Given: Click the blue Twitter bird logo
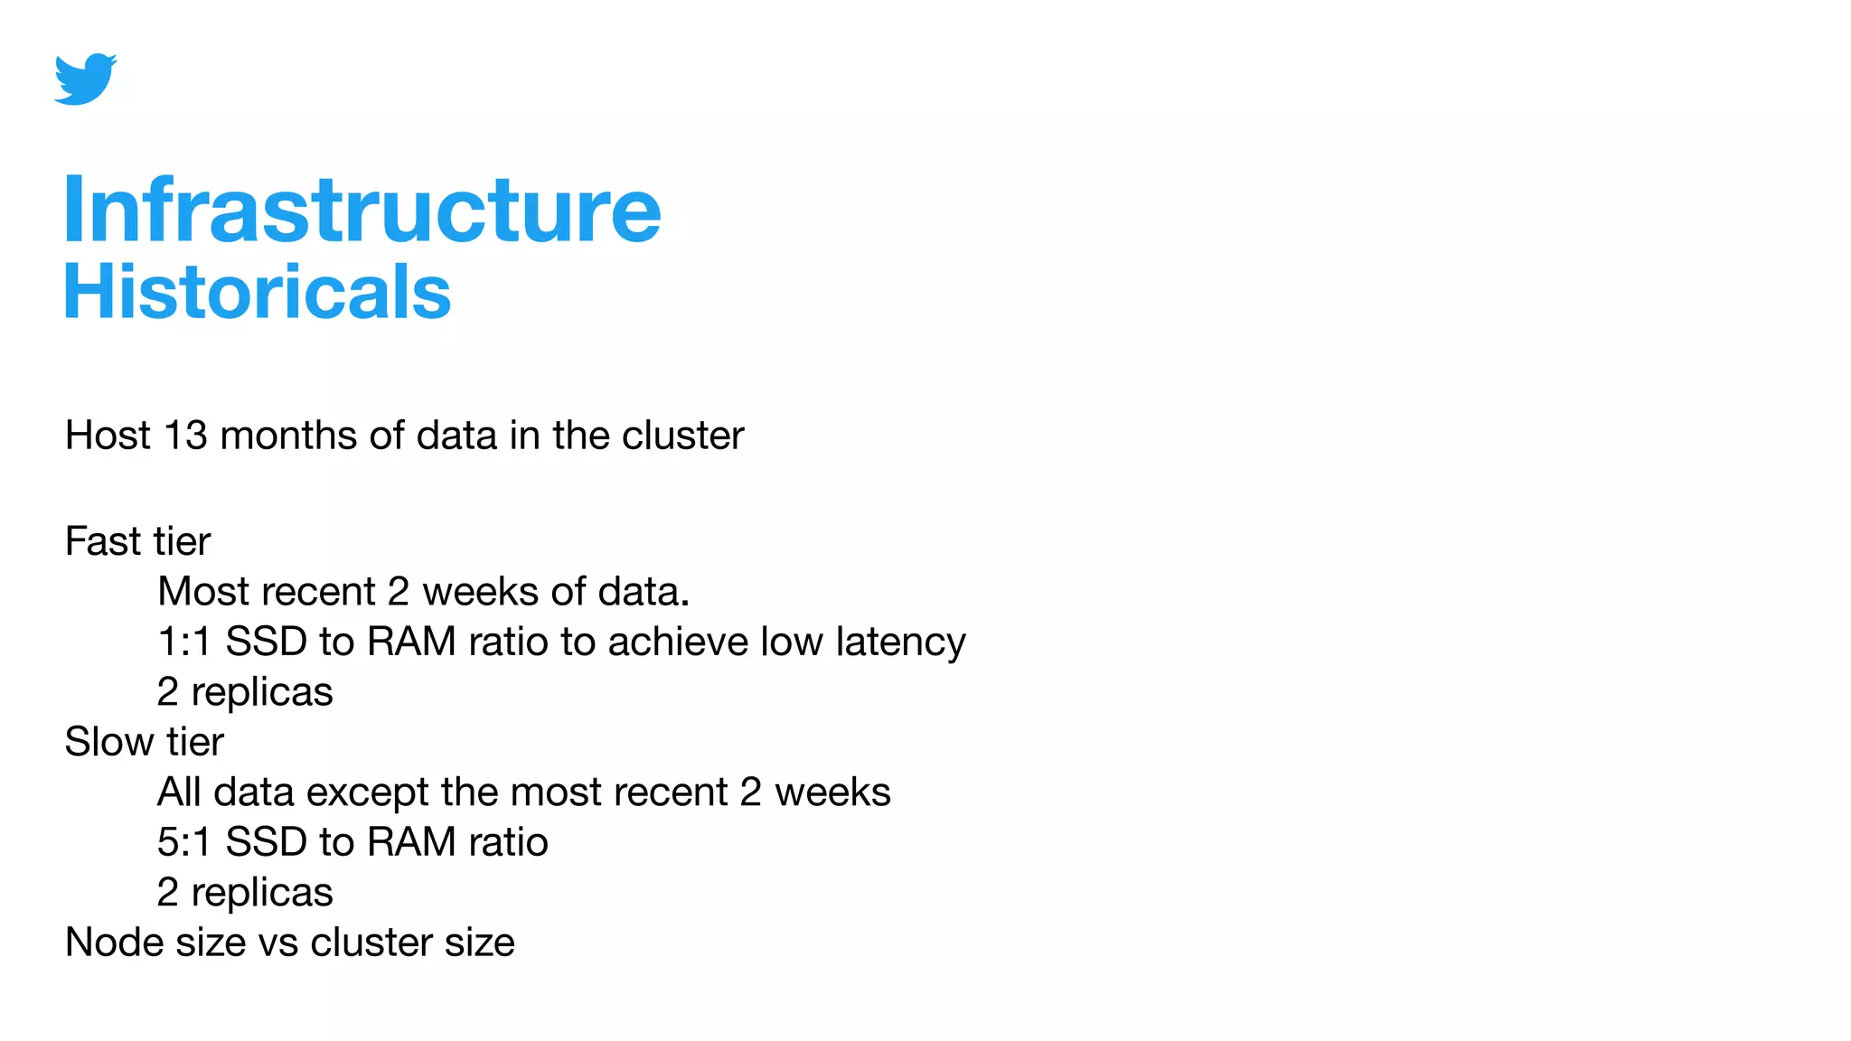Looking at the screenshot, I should [85, 79].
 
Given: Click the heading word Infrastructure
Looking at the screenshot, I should [362, 210].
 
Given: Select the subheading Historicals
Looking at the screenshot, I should [257, 292].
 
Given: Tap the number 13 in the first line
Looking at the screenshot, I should [185, 436].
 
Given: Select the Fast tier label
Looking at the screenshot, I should [137, 541].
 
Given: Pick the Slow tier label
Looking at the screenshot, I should [144, 742].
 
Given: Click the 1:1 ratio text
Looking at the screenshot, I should [183, 642].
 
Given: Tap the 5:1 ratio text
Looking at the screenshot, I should [183, 842].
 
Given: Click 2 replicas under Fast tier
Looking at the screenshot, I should [245, 692].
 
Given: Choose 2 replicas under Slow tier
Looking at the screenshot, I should [245, 893].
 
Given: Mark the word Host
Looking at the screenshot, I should [108, 436].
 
